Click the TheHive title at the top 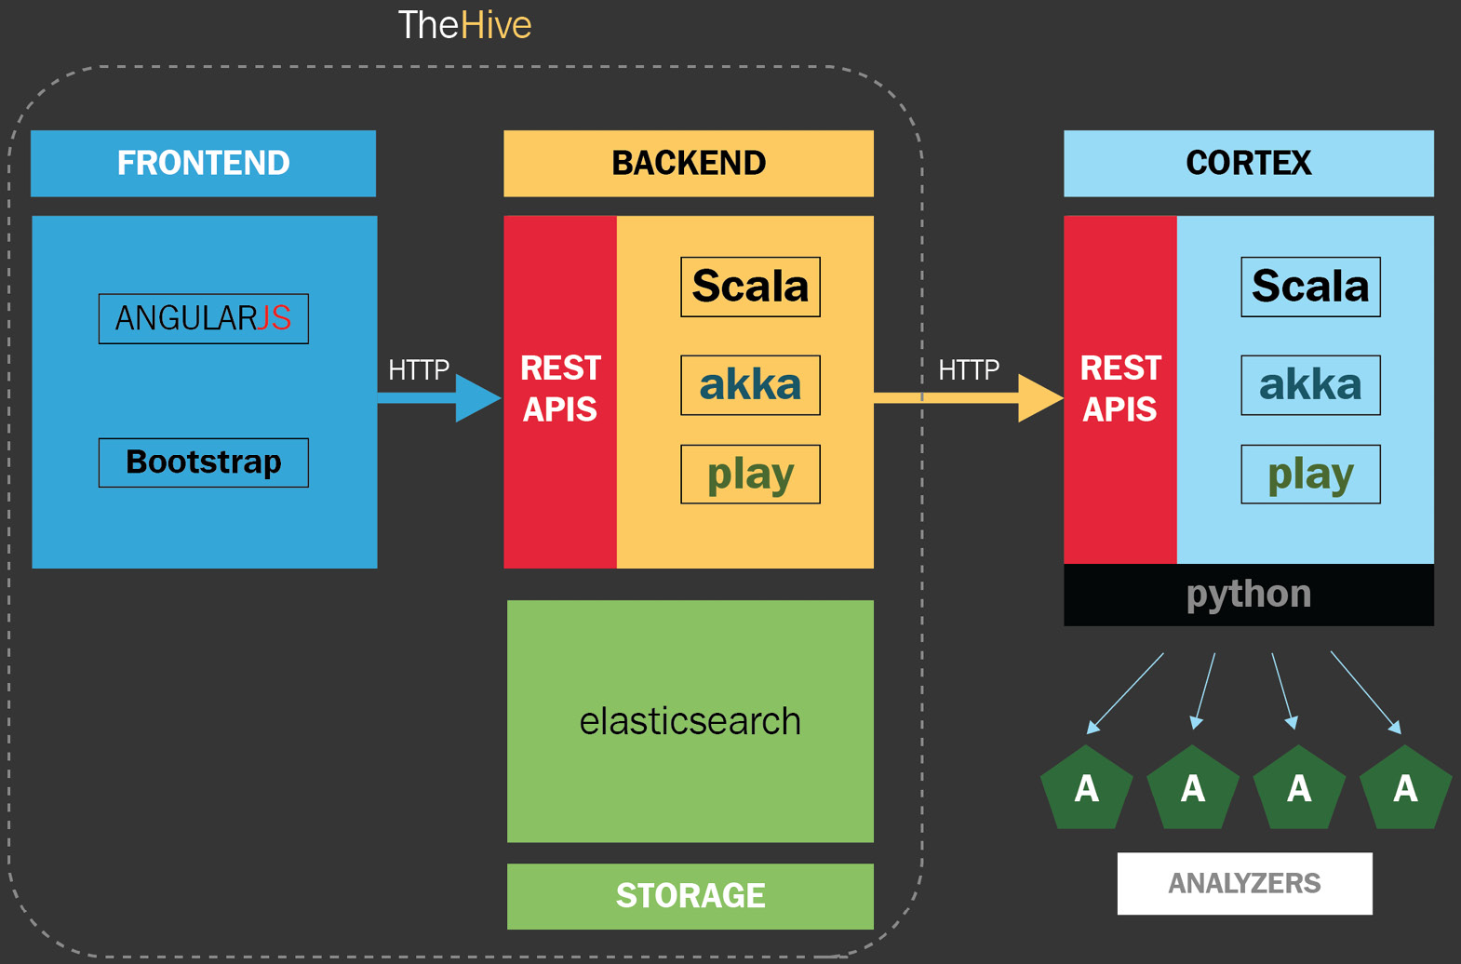pos(464,25)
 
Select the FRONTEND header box pos(204,163)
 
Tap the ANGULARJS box pos(204,319)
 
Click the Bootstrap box pos(204,462)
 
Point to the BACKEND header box pos(689,163)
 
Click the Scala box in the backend pos(751,287)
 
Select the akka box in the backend pos(751,385)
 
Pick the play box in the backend pos(751,475)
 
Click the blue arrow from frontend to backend pos(439,398)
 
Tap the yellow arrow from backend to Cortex pos(969,398)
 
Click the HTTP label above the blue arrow pos(419,369)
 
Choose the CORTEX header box pos(1249,163)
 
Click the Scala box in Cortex pos(1311,287)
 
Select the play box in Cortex pos(1311,475)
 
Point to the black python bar pos(1249,595)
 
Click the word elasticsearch pos(690,721)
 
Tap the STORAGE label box pos(690,896)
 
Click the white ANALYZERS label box pos(1244,883)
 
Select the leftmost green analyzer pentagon pos(1087,788)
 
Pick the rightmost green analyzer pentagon pos(1405,788)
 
